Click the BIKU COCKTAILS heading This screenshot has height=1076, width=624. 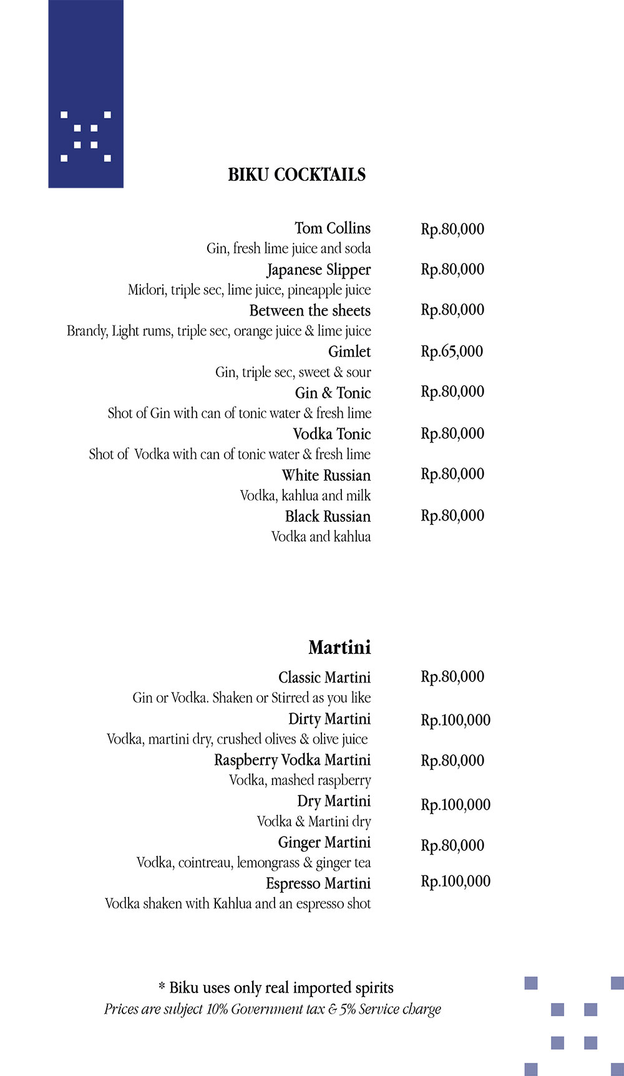296,175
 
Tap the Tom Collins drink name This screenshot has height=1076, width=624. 333,228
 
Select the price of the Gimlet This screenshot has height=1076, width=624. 452,351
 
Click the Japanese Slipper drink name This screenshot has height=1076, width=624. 319,270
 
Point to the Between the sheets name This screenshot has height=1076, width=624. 310,310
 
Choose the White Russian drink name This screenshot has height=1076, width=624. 326,475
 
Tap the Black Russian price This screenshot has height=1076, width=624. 452,516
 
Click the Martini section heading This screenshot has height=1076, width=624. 339,647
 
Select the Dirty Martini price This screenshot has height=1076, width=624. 456,720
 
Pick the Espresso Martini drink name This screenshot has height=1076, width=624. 318,883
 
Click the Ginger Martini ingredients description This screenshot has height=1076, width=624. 253,863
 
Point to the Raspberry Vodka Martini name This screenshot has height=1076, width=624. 292,760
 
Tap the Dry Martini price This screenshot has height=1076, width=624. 456,804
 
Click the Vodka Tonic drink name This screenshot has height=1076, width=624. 332,434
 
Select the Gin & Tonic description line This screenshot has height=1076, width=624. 240,413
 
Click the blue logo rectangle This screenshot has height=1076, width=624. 85,94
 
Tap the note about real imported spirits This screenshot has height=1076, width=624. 276,987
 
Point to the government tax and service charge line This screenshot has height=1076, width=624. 273,1009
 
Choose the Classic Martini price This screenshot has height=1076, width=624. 452,676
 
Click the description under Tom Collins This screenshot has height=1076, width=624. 288,248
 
